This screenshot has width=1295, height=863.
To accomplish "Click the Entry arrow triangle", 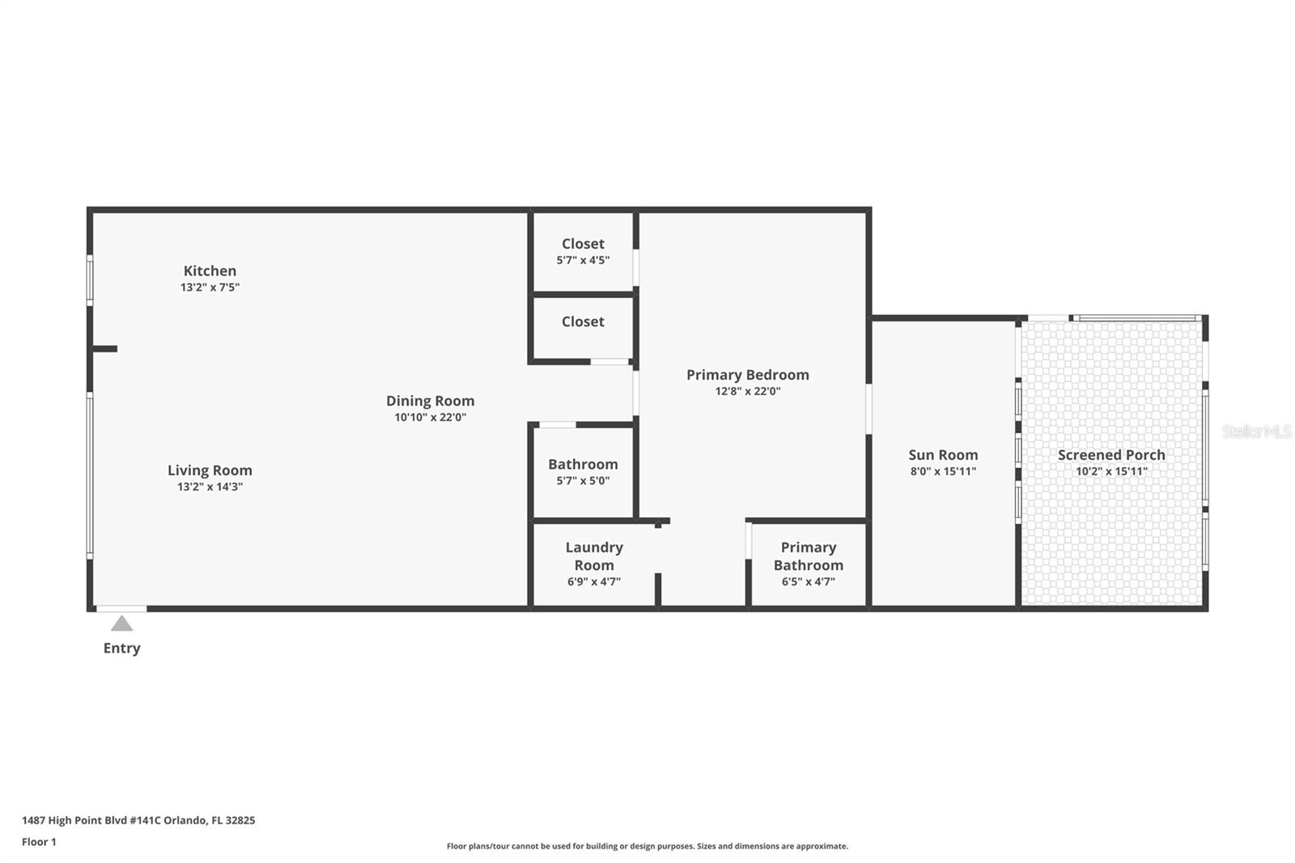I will click(x=121, y=623).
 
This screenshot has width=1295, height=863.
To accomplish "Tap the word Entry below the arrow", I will click(x=121, y=648).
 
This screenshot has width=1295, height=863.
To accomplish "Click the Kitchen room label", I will click(x=210, y=270).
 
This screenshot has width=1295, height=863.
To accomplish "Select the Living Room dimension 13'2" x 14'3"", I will click(x=210, y=487).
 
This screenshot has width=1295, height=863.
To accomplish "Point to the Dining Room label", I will click(x=430, y=401).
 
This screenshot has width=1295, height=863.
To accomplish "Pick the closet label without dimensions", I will click(x=583, y=321).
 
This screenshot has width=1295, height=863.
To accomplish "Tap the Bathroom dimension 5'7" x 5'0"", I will click(x=583, y=480).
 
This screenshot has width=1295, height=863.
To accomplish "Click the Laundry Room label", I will click(x=594, y=556).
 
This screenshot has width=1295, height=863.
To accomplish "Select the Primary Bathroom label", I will click(x=808, y=556).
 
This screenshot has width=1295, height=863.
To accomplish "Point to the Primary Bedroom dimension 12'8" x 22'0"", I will click(x=747, y=391).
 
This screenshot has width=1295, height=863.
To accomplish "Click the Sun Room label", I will click(x=943, y=455).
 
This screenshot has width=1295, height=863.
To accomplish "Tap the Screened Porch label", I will click(x=1111, y=455).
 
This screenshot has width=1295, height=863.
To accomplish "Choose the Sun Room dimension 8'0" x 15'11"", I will click(x=943, y=471).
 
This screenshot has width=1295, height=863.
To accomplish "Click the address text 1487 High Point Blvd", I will click(x=138, y=820).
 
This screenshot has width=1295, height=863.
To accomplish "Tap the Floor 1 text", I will click(x=39, y=842).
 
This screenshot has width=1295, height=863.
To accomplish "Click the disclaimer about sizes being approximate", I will click(x=647, y=846).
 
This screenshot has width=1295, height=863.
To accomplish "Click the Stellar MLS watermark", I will click(x=1256, y=431).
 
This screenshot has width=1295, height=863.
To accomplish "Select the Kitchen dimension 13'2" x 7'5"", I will click(x=210, y=287).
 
